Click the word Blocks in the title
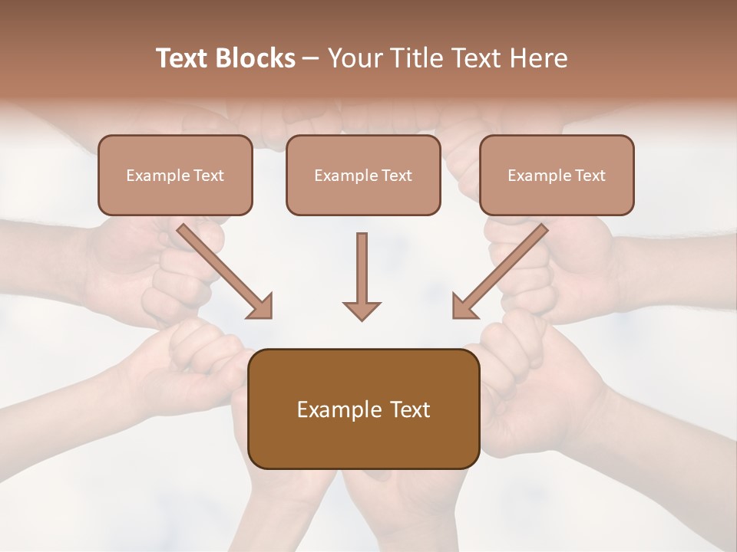(x=256, y=58)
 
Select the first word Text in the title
(x=183, y=58)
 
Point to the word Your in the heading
(x=354, y=58)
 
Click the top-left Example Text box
(x=175, y=175)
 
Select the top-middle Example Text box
(x=363, y=175)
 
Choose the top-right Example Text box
(x=557, y=175)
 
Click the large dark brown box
(x=364, y=409)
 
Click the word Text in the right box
(x=590, y=176)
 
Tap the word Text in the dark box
(x=411, y=410)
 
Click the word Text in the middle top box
(x=396, y=176)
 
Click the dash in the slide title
(x=311, y=58)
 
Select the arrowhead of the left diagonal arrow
(x=261, y=307)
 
